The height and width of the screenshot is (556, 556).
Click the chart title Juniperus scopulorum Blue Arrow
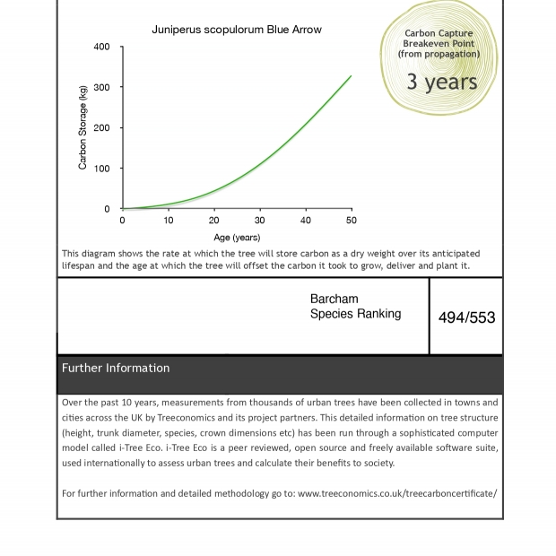click(237, 30)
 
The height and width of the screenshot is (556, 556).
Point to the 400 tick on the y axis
click(101, 47)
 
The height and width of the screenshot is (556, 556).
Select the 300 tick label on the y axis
click(101, 87)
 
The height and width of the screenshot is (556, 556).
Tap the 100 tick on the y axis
click(101, 169)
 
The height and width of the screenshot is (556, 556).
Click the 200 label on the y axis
click(101, 128)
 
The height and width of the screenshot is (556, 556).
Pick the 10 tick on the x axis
click(169, 221)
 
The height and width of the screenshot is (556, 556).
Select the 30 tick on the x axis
click(260, 221)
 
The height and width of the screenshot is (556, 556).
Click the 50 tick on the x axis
click(351, 221)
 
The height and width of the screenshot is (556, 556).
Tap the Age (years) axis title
click(237, 238)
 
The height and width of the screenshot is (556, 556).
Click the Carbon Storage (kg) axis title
click(83, 127)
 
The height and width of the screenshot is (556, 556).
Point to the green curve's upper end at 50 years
click(351, 76)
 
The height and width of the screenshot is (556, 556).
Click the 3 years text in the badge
click(441, 82)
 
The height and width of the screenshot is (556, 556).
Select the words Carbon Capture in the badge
click(439, 33)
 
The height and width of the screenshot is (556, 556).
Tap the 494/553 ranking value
click(466, 317)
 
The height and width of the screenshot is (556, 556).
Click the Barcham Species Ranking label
click(355, 307)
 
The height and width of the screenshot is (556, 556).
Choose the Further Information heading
click(116, 368)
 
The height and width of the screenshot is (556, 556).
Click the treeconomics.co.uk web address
click(396, 493)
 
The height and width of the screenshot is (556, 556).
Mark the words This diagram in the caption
click(85, 254)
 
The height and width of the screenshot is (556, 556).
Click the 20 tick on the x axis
click(214, 221)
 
